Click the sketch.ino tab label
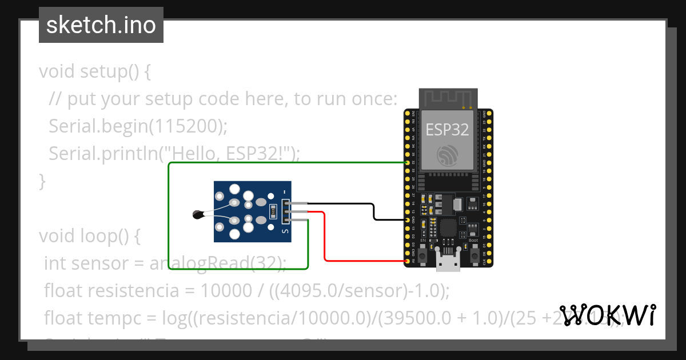tap(101, 25)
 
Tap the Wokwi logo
tap(607, 315)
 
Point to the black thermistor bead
tap(198, 215)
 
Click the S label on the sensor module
tap(285, 231)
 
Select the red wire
tap(325, 240)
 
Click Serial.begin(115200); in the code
tap(138, 126)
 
